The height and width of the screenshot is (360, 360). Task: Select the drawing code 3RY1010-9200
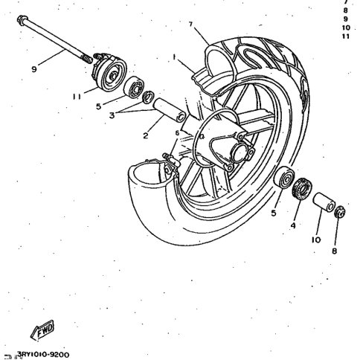[43, 354]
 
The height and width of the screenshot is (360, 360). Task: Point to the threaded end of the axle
[86, 59]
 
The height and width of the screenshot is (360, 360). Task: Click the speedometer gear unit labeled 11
[109, 72]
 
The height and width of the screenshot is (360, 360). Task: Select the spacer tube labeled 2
[170, 110]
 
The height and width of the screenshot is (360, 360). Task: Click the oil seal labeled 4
[302, 188]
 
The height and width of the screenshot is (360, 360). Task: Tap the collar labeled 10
[324, 202]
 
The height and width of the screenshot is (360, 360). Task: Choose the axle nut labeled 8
[340, 212]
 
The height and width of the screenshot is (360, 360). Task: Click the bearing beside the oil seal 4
[284, 178]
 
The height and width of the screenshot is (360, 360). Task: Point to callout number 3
[112, 115]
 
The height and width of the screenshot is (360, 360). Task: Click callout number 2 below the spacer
[146, 135]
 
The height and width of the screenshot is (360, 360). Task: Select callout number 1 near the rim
[174, 57]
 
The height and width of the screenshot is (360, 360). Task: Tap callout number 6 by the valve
[177, 133]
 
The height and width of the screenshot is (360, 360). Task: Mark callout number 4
[293, 225]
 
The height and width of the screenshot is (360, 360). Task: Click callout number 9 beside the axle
[34, 69]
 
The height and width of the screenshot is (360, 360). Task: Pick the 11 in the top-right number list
[346, 36]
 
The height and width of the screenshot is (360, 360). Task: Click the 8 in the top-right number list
[346, 10]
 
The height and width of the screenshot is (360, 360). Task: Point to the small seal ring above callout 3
[148, 97]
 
